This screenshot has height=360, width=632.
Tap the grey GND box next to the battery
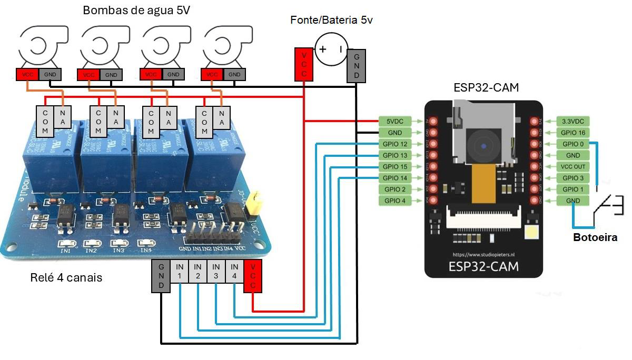point(357,66)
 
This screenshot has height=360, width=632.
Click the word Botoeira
point(595,237)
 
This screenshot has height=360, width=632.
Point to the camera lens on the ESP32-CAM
point(483,145)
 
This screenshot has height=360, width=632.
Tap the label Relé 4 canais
point(66,277)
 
